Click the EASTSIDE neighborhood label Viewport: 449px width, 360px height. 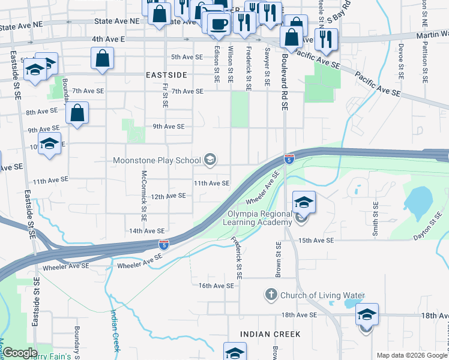pos(167,75)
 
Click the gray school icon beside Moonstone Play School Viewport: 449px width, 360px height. pos(210,160)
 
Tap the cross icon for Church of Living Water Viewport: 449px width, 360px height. pos(271,295)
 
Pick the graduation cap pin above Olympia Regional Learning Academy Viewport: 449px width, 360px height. pos(304,203)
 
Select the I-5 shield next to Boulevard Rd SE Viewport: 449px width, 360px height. pos(289,159)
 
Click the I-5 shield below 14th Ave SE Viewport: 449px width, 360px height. pos(164,244)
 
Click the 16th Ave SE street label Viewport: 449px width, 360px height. pos(216,286)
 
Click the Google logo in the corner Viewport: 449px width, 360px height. pos(19,353)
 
